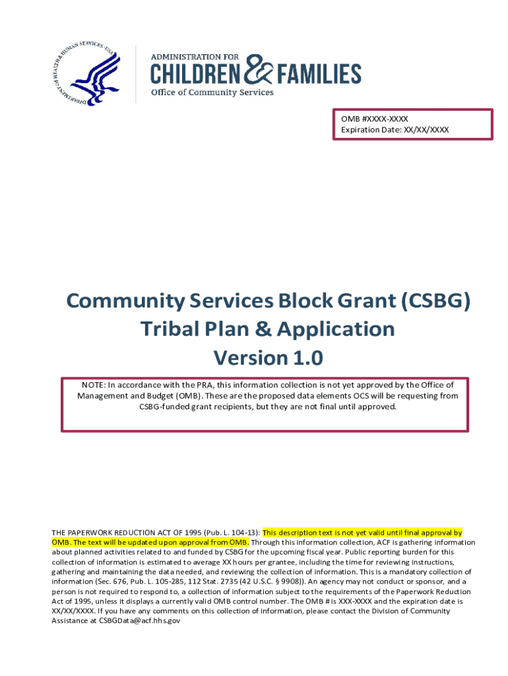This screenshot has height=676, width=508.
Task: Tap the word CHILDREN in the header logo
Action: point(197,73)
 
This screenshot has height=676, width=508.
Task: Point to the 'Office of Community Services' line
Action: point(212,92)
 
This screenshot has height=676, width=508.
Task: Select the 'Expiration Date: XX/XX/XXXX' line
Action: point(395,130)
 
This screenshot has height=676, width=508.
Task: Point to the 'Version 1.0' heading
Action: point(268,358)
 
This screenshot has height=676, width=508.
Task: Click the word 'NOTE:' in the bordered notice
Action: point(94,385)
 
